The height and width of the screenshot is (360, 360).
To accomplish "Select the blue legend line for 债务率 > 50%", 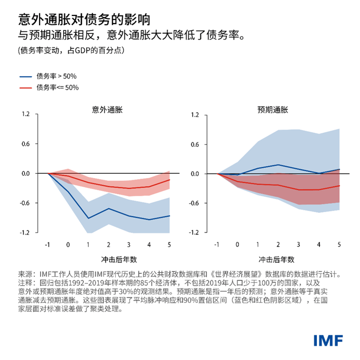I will (x=26, y=76).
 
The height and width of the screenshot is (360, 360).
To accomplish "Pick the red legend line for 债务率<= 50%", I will (x=26, y=87).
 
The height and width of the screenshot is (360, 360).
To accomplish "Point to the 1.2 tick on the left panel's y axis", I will (x=25, y=114).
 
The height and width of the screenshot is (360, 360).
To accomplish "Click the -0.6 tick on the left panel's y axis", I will (x=24, y=203).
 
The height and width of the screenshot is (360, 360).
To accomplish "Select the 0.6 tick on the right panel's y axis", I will (x=194, y=144).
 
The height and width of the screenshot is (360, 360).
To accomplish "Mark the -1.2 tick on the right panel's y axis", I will (x=193, y=233).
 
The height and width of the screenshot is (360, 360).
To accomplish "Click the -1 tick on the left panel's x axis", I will (x=47, y=244).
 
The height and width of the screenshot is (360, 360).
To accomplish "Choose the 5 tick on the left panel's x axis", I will (x=169, y=244).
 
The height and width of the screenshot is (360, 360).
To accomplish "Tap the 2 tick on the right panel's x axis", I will (x=278, y=244).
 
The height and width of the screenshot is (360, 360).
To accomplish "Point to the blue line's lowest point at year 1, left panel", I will (x=88, y=218).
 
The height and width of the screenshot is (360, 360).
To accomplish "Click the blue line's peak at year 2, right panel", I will (x=278, y=165).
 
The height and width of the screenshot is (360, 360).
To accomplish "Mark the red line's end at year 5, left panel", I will (x=169, y=179).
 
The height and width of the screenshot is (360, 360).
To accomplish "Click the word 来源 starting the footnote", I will (x=25, y=274).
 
